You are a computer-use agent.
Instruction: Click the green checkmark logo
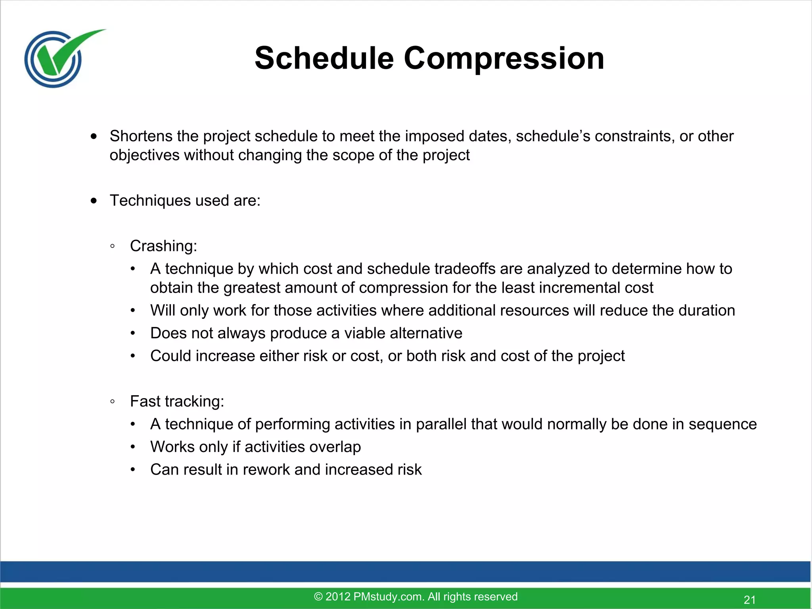[x=59, y=57]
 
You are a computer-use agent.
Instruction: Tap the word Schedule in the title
[x=324, y=58]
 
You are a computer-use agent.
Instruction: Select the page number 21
[x=749, y=599]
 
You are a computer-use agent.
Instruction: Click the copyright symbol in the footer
[x=318, y=597]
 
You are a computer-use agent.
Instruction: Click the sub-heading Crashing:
[x=163, y=246]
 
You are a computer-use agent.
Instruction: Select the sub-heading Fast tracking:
[x=177, y=401]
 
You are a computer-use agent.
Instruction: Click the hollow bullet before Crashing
[x=113, y=246]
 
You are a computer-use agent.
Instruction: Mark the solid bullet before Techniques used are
[x=94, y=201]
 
